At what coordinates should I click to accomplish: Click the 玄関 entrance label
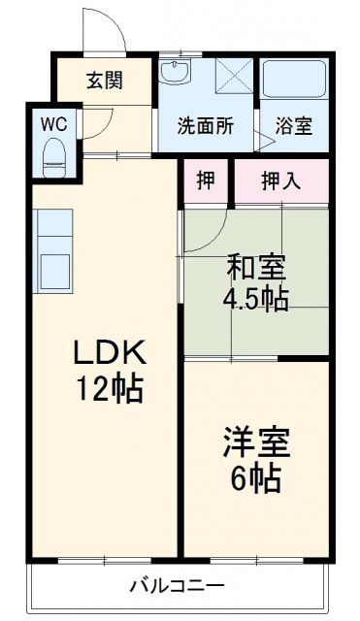pos(104,81)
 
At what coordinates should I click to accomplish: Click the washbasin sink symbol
pos(176,72)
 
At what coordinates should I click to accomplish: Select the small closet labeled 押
pos(205,180)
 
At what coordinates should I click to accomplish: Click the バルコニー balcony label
pos(179,587)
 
